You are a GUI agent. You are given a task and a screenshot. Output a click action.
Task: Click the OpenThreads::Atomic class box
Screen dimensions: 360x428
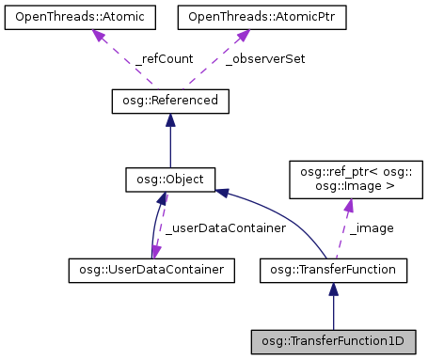coord(69,18)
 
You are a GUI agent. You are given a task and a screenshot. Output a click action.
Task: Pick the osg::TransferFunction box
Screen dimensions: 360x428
coord(333,271)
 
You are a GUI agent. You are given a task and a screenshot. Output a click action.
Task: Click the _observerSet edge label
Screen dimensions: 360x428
coord(266,58)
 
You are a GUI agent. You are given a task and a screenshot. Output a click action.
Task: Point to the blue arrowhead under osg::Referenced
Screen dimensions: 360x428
coord(169,119)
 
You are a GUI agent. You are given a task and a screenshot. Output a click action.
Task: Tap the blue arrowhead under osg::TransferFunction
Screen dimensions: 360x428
coord(333,290)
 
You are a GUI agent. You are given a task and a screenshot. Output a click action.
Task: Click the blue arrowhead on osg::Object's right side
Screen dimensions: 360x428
coord(222,192)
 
